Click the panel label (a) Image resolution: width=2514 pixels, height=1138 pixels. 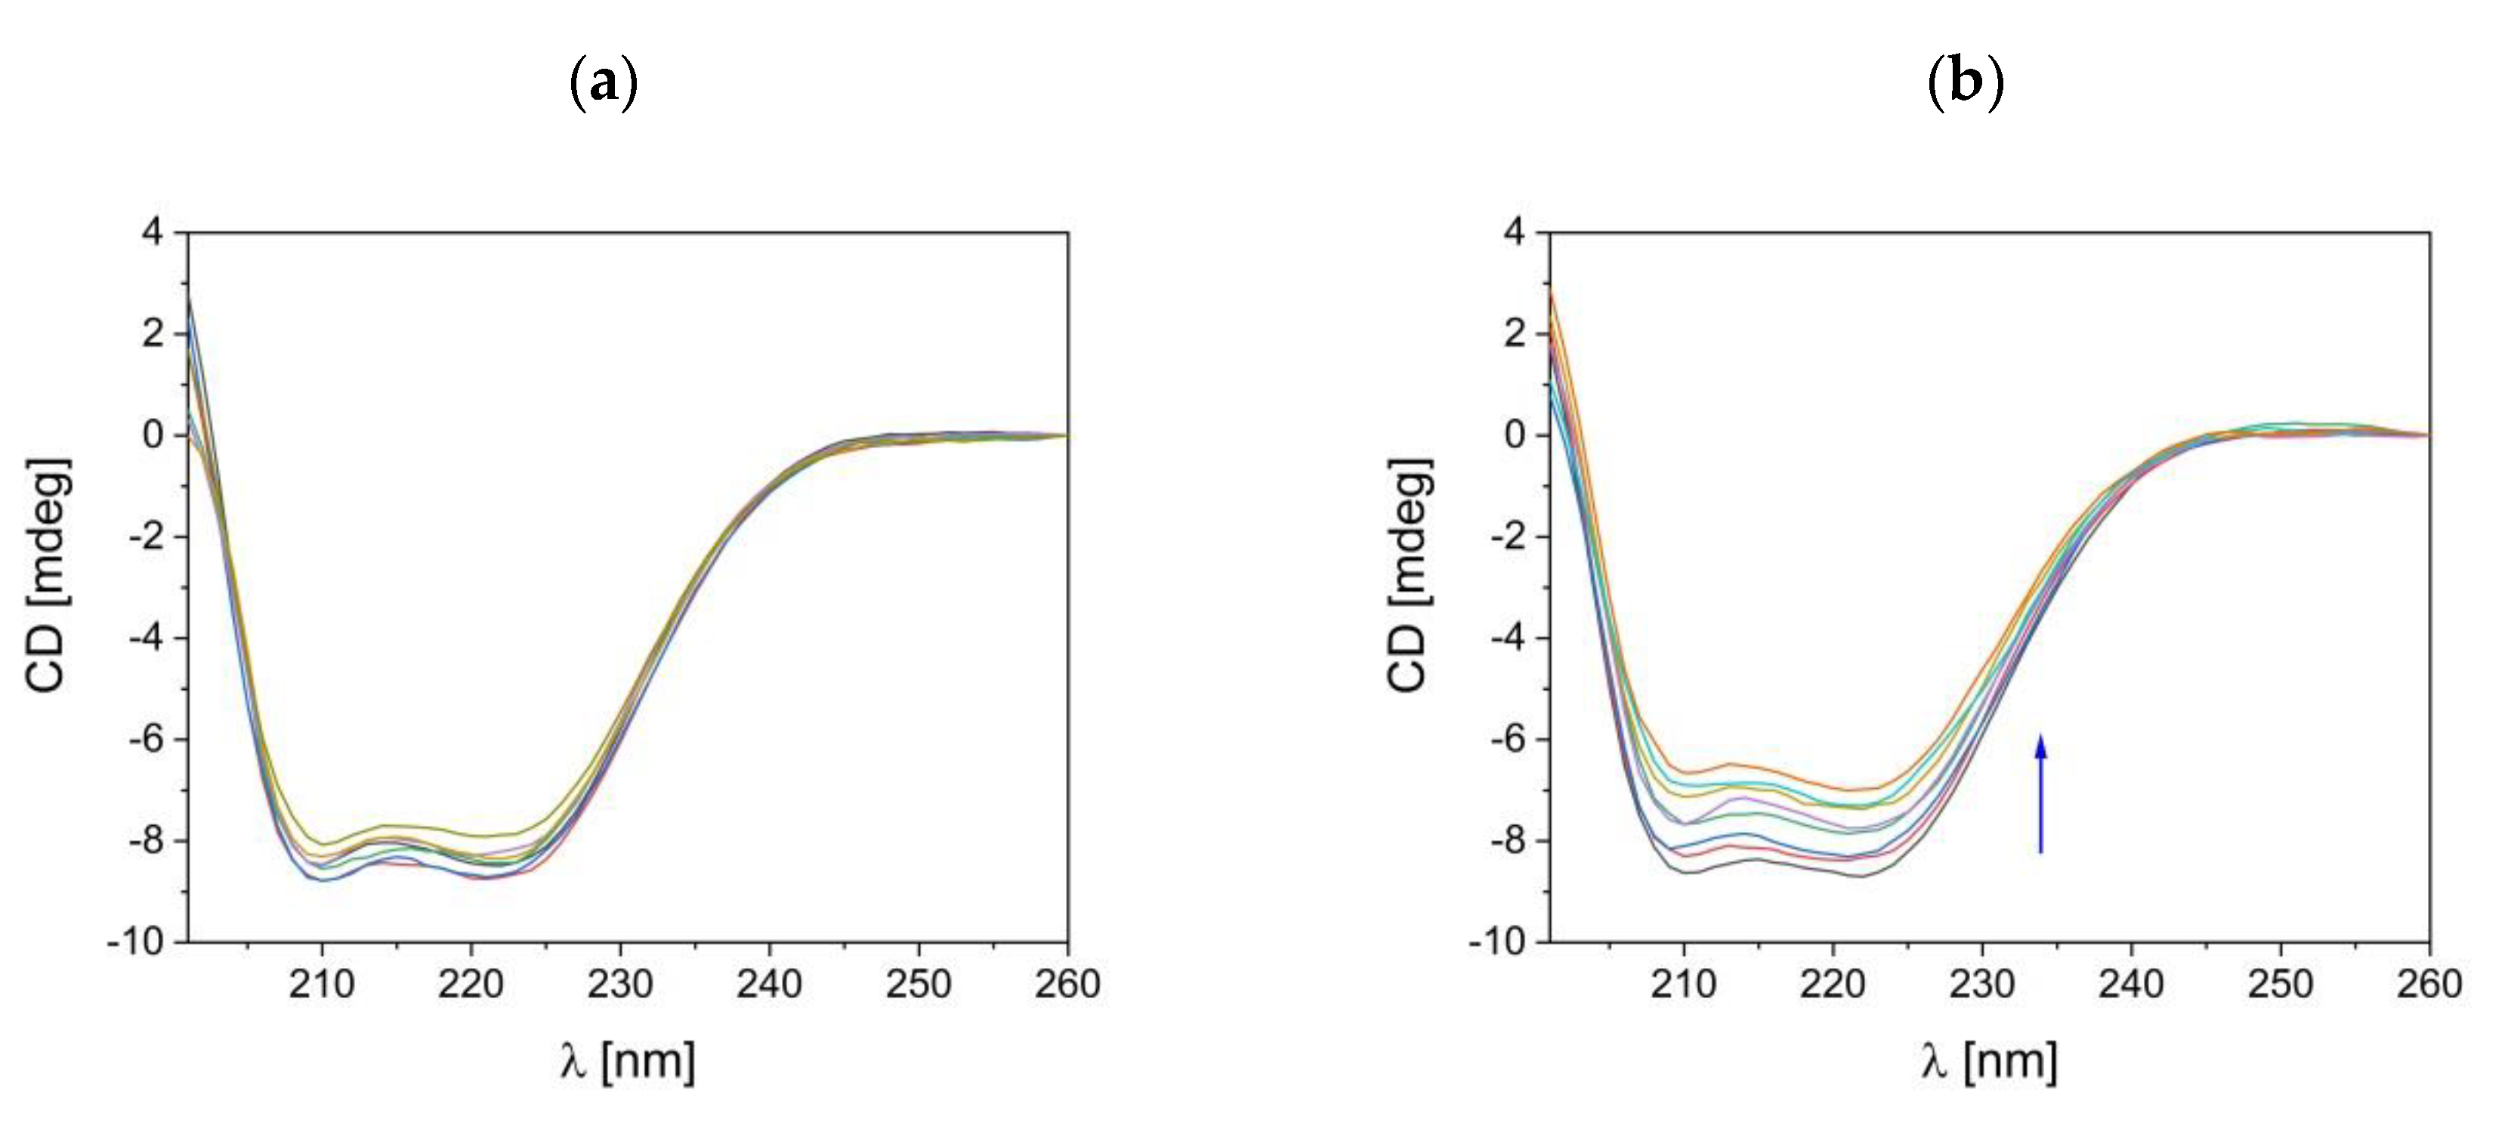(603, 83)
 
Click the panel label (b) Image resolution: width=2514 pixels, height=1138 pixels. (1965, 83)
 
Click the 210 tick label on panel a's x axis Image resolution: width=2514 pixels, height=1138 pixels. (321, 984)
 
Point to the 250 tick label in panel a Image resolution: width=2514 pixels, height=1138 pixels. (919, 984)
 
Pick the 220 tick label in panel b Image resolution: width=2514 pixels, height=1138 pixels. (1833, 984)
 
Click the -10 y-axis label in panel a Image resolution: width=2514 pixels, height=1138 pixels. (137, 943)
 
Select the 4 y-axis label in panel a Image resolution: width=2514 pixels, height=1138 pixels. (153, 232)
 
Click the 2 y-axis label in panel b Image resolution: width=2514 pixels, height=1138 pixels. (1515, 334)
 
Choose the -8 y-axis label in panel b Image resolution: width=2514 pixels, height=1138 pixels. (1507, 841)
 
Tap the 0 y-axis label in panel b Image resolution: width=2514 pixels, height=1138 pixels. (1515, 435)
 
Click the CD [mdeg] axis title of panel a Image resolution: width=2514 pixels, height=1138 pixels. (48, 576)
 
